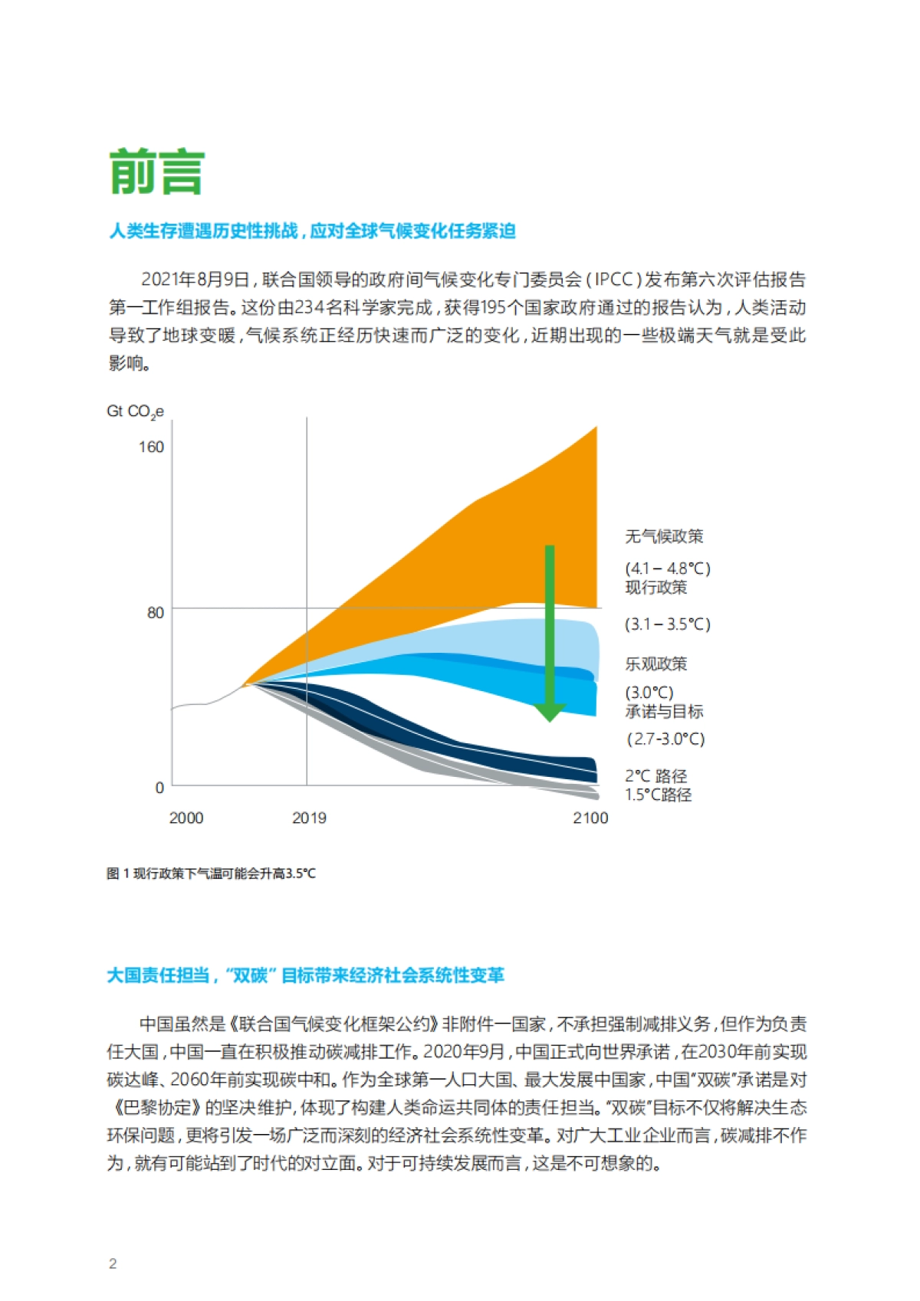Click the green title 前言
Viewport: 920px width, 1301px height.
(x=157, y=172)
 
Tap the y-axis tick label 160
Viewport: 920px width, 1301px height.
(x=151, y=447)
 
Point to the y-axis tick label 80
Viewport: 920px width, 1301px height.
(x=156, y=612)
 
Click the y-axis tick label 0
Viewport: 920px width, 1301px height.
(x=159, y=788)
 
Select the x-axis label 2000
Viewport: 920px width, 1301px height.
(x=186, y=818)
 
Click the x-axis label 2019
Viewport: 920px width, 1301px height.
(x=309, y=818)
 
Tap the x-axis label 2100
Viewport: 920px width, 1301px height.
(x=590, y=818)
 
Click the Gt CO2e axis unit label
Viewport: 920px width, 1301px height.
(x=135, y=412)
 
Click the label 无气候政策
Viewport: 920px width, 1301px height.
(x=664, y=536)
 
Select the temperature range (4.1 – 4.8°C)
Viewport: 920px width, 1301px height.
(x=668, y=569)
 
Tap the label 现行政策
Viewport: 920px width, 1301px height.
(x=656, y=588)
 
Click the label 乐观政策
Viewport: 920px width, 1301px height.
(x=656, y=664)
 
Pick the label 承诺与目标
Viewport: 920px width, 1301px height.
(x=664, y=712)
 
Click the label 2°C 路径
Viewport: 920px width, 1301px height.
(x=656, y=776)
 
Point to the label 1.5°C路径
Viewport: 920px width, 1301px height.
(x=659, y=795)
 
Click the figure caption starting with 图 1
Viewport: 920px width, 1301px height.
(x=211, y=873)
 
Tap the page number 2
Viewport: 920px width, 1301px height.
(x=113, y=1264)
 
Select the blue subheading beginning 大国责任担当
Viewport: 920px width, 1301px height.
(x=305, y=975)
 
